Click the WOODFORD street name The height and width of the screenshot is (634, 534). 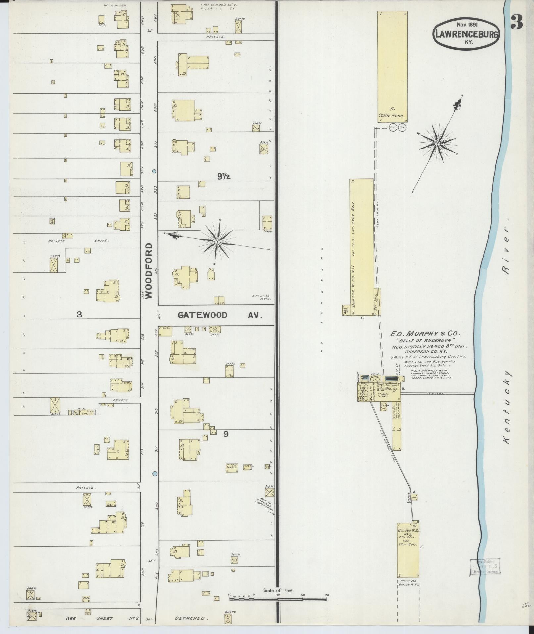(149, 270)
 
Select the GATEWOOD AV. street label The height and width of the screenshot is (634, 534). (220, 315)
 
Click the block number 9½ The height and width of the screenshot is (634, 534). (224, 177)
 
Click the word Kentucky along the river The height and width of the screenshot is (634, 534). (507, 407)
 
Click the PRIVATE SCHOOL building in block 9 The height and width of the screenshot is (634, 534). (232, 467)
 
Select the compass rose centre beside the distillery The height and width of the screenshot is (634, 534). (437, 144)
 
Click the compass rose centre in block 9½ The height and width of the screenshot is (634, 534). (217, 242)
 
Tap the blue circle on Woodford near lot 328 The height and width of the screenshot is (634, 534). (154, 171)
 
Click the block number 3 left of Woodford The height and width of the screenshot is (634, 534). (79, 315)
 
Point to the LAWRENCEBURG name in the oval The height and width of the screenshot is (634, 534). (466, 34)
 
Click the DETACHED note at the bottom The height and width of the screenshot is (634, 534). (189, 618)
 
